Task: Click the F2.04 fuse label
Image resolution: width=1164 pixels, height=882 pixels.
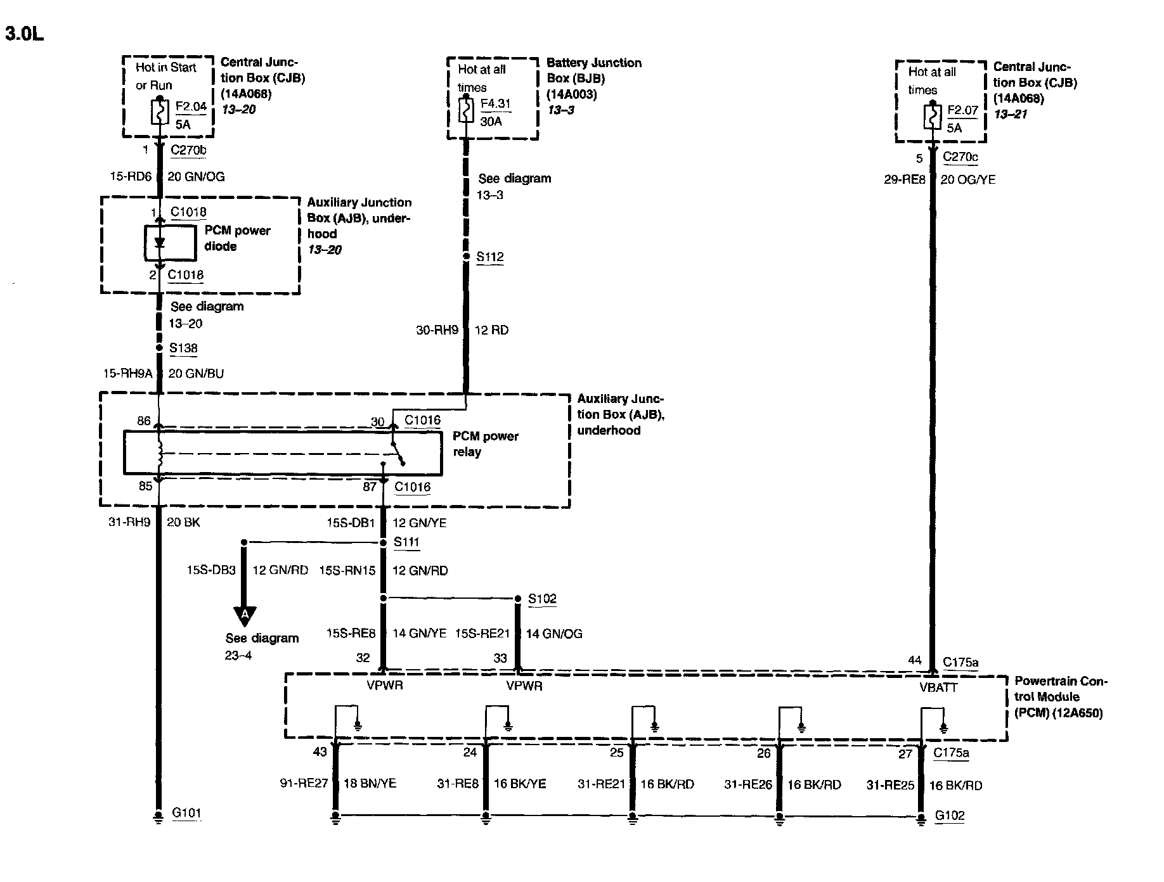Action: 191,106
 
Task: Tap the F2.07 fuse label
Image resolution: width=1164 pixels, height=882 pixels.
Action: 962,110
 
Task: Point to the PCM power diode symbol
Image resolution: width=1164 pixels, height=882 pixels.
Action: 159,243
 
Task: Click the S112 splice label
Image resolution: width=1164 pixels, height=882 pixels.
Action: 490,257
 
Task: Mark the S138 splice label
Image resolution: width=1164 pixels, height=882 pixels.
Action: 183,348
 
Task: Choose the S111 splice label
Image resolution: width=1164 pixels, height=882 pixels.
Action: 406,542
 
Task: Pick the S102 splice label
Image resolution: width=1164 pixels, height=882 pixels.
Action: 542,599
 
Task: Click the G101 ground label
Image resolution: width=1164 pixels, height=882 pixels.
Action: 186,813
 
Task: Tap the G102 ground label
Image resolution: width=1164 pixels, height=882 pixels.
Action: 950,815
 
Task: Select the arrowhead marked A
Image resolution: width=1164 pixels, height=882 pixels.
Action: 245,614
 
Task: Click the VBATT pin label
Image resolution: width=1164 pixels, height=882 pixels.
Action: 938,687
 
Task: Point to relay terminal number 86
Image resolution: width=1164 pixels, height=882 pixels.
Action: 144,421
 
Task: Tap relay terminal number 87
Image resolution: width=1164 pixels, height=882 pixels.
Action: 370,487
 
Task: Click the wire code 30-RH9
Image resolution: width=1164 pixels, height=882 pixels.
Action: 437,330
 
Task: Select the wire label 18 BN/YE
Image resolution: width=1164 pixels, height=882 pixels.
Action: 370,784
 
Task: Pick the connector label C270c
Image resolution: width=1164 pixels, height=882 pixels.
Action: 960,157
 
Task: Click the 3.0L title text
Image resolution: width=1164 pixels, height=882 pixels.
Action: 25,34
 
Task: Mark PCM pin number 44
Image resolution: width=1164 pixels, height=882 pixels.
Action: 914,660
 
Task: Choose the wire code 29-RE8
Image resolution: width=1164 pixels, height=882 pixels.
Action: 905,180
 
